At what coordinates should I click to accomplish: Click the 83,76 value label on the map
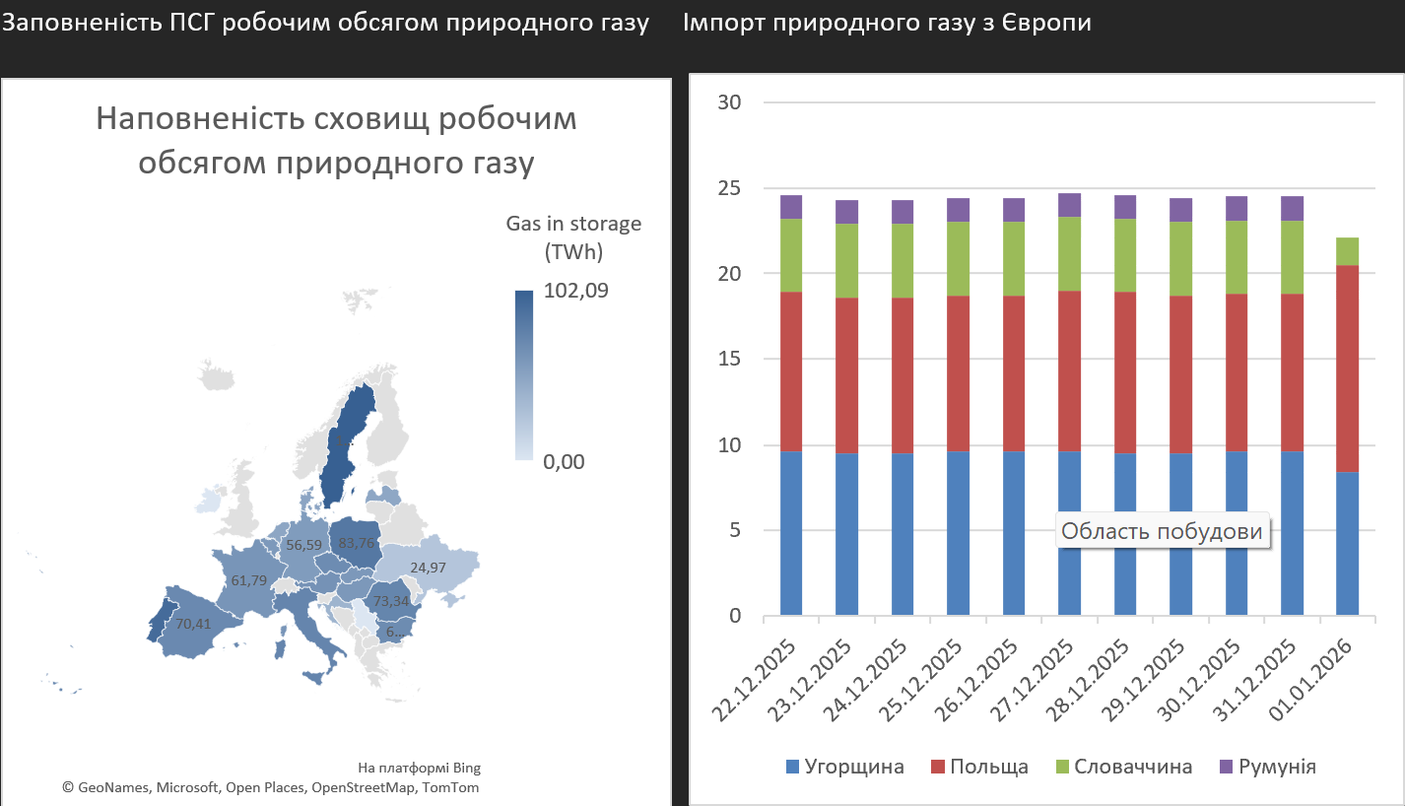pyautogui.click(x=356, y=542)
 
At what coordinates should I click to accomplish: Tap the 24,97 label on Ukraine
pyautogui.click(x=436, y=568)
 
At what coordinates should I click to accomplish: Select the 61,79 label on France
pyautogui.click(x=248, y=580)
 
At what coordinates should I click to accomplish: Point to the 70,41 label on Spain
pyautogui.click(x=193, y=623)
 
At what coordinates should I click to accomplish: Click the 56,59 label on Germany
pyautogui.click(x=303, y=544)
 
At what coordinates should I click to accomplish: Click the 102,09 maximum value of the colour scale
pyautogui.click(x=575, y=291)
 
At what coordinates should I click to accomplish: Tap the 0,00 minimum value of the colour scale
pyautogui.click(x=564, y=461)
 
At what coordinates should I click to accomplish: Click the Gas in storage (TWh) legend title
pyautogui.click(x=572, y=237)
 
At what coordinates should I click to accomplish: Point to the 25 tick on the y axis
pyautogui.click(x=730, y=188)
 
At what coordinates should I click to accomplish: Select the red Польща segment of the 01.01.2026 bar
pyautogui.click(x=1347, y=369)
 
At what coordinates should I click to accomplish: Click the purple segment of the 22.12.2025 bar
pyautogui.click(x=790, y=207)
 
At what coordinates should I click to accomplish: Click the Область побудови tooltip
pyautogui.click(x=1162, y=531)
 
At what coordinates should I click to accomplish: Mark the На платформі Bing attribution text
pyautogui.click(x=419, y=768)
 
